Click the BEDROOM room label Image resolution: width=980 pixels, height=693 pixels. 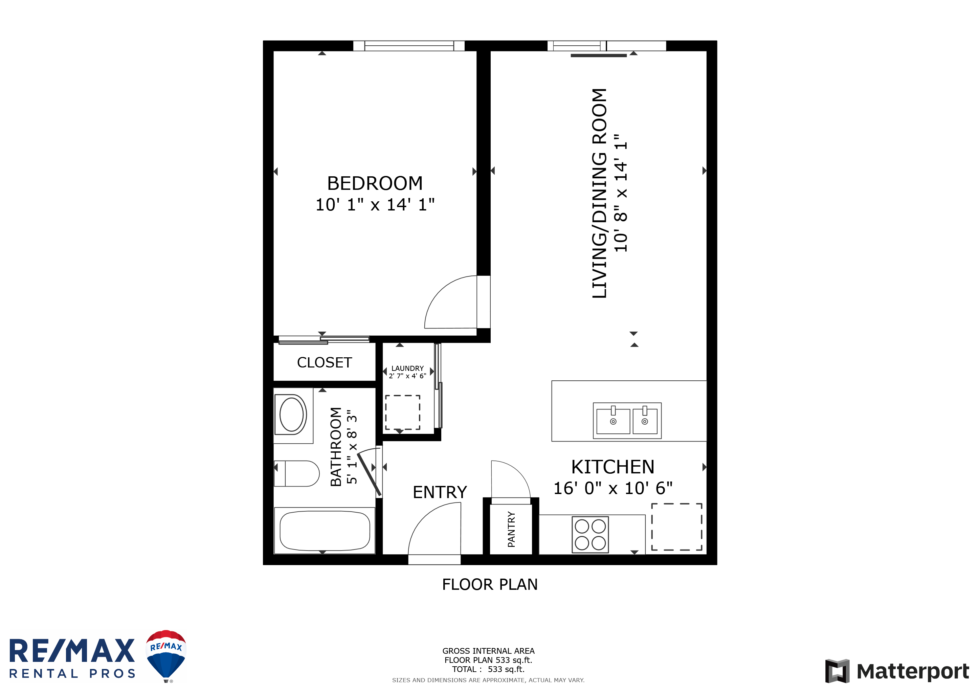[x=375, y=183]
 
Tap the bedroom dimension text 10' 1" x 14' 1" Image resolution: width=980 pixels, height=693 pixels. [x=375, y=205]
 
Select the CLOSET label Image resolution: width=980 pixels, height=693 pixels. [x=325, y=363]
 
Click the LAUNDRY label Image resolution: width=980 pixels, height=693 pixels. [x=408, y=368]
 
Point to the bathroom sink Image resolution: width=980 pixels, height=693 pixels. [x=292, y=415]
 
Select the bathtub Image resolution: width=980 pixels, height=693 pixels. [x=325, y=531]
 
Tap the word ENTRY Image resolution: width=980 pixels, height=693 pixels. [x=440, y=492]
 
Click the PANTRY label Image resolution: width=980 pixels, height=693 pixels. [x=511, y=530]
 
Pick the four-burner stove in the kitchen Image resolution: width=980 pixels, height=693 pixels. [x=590, y=535]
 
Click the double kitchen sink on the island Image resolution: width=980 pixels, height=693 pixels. [x=627, y=421]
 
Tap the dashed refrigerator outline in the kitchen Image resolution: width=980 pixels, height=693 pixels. [x=676, y=527]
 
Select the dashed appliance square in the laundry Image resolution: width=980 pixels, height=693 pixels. [x=402, y=412]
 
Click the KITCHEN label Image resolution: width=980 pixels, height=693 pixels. [x=612, y=467]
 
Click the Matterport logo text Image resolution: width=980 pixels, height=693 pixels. [x=913, y=671]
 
